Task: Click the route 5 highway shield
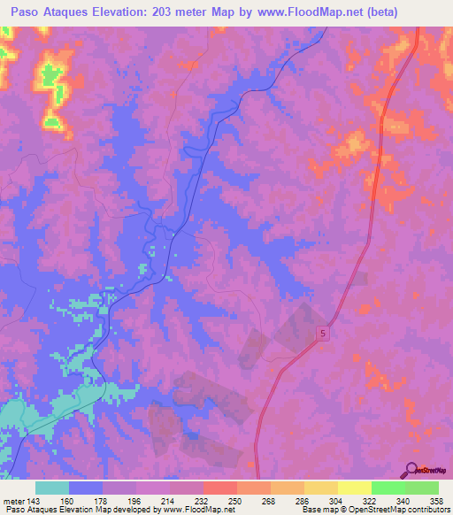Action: point(323,332)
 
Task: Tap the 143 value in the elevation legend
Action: point(35,500)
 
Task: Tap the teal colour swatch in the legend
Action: point(52,488)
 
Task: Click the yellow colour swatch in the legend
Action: point(354,488)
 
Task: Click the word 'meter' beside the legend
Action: point(12,500)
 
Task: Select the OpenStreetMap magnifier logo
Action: point(411,471)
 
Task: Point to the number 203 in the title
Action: point(165,12)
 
